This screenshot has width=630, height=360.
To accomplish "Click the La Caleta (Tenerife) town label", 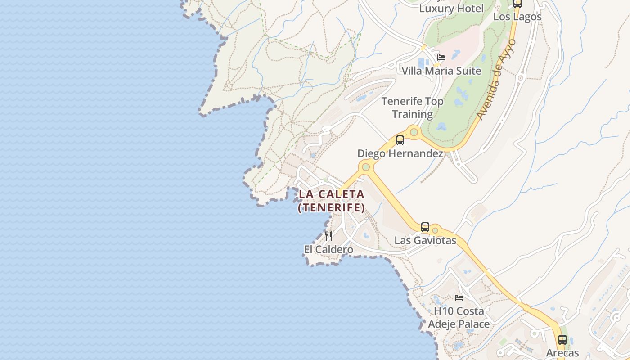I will [331, 201].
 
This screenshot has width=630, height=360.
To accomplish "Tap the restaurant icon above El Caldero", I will [329, 236].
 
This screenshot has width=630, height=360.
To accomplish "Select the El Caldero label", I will [328, 249].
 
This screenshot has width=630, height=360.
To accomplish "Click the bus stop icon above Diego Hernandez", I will [400, 140].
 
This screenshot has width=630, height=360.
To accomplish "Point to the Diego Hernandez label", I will [400, 153].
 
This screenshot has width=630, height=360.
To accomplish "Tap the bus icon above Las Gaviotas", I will [425, 227].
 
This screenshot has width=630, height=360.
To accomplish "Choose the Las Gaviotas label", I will [425, 241].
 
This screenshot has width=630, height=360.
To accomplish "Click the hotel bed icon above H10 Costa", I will [459, 297].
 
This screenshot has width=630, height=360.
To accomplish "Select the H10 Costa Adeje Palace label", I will [459, 317].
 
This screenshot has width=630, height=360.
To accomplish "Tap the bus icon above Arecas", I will [562, 340].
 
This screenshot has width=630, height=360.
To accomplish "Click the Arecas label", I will [562, 353].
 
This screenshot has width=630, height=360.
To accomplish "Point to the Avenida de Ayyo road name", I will [497, 80].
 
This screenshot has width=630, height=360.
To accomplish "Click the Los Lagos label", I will [517, 17].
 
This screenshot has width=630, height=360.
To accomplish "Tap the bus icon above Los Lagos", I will [517, 4].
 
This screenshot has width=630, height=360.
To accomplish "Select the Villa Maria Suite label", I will [441, 71].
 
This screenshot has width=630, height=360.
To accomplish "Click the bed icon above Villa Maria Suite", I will [441, 58].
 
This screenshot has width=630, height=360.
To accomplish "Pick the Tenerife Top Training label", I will [413, 108].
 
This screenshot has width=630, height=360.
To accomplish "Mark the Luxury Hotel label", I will [451, 9].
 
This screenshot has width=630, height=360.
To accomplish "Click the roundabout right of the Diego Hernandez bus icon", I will [414, 132].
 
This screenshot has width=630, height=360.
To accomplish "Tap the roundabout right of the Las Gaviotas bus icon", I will [435, 230].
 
